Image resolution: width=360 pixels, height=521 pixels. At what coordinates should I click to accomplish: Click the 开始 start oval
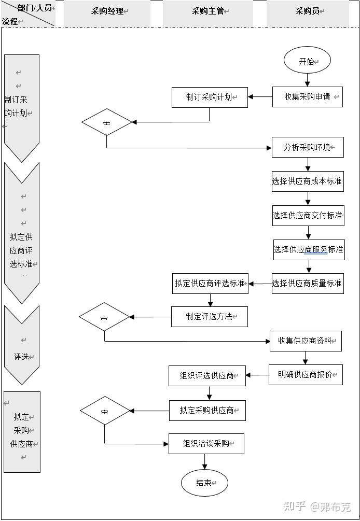(307, 61)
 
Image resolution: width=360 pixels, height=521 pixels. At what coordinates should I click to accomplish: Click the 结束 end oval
(204, 483)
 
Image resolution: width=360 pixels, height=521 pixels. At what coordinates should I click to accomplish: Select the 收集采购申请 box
(308, 96)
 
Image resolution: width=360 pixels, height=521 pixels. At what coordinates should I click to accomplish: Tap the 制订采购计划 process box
(210, 97)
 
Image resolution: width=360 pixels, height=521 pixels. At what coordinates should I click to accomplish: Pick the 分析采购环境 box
(308, 147)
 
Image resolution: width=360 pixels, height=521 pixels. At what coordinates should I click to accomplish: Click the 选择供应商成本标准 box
(308, 181)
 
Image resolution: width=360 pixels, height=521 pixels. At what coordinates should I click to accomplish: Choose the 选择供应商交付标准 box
(308, 215)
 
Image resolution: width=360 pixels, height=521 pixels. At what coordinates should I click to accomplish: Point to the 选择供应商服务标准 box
(308, 249)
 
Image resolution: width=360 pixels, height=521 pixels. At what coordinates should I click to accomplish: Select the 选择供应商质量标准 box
(308, 284)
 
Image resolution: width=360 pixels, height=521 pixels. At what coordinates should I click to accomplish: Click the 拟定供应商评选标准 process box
(210, 284)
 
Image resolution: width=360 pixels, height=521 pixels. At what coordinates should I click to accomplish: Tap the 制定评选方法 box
(210, 317)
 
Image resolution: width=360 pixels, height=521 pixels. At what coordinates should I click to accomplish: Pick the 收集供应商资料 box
(306, 341)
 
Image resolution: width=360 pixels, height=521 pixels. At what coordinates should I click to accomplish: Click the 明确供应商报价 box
(306, 374)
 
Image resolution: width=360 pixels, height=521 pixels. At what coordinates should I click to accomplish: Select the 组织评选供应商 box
(207, 376)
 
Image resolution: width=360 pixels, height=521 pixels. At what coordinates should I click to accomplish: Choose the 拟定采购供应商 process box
(207, 411)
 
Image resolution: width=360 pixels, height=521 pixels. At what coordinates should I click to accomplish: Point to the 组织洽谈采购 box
(206, 444)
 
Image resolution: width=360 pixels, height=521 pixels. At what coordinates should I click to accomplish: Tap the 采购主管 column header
(207, 11)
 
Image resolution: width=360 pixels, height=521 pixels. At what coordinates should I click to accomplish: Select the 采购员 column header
(307, 11)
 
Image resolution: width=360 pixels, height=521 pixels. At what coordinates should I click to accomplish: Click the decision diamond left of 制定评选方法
(104, 317)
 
